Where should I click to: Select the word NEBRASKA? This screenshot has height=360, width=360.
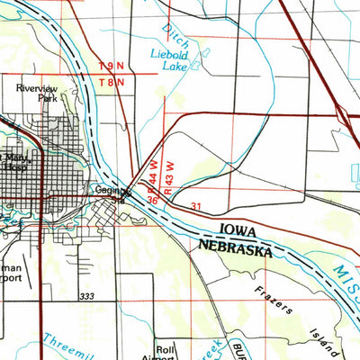[x=233, y=251]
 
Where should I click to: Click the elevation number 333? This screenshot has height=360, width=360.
[x=86, y=296]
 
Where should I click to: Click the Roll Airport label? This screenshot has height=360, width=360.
[x=164, y=352]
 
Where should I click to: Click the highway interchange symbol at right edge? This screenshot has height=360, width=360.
[x=343, y=115]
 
